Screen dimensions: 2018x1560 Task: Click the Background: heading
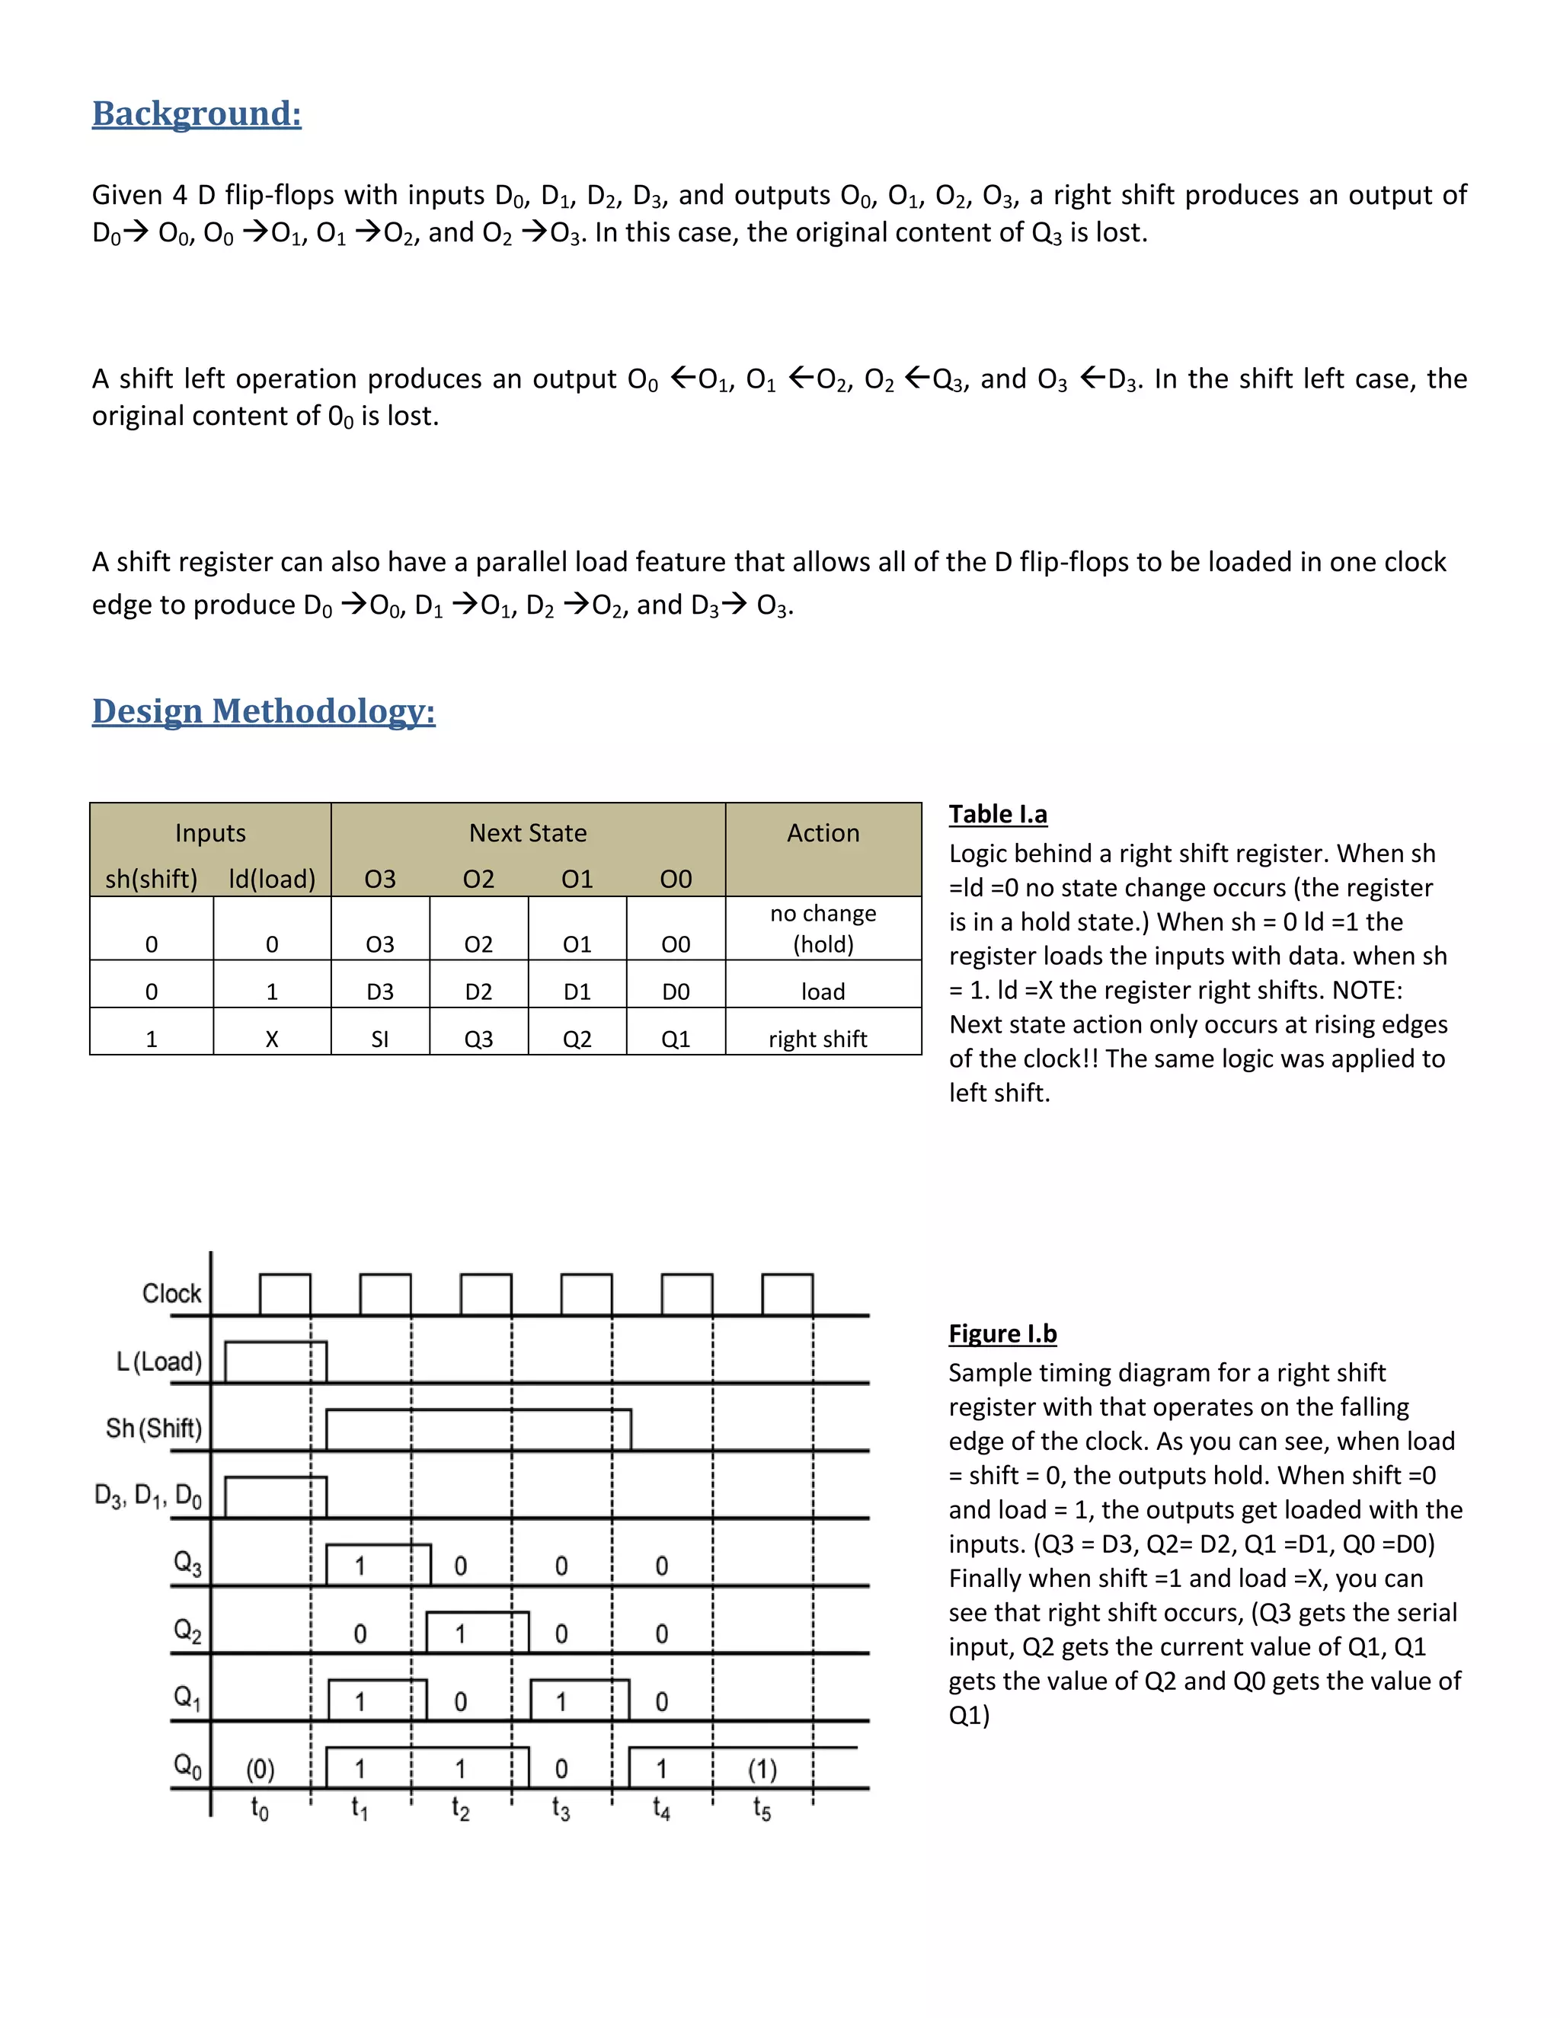pyautogui.click(x=197, y=113)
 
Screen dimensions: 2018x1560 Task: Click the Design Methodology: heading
pyautogui.click(x=264, y=710)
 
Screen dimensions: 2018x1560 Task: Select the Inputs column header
pyautogui.click(x=211, y=832)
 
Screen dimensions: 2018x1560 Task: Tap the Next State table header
pyautogui.click(x=528, y=832)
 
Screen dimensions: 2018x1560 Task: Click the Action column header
pyautogui.click(x=823, y=832)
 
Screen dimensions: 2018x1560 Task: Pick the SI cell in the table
pyautogui.click(x=380, y=1039)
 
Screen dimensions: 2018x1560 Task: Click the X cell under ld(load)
pyautogui.click(x=272, y=1039)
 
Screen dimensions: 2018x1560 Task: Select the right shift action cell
pyautogui.click(x=818, y=1039)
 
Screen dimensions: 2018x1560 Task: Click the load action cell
pyautogui.click(x=823, y=991)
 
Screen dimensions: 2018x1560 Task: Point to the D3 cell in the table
pyautogui.click(x=380, y=991)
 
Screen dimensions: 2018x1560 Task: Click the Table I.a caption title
pyautogui.click(x=998, y=814)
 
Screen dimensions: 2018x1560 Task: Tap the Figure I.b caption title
pyautogui.click(x=1002, y=1333)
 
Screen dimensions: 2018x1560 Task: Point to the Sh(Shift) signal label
pyautogui.click(x=153, y=1429)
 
